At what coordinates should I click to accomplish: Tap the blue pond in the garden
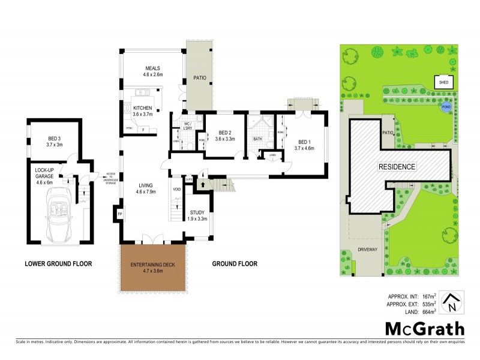point(445,107)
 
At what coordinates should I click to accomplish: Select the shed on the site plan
point(444,82)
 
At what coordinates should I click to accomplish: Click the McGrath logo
point(424,328)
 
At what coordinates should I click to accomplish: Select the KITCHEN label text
point(143,108)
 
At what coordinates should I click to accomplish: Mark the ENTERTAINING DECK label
point(151,265)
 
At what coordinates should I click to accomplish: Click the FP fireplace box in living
point(119,214)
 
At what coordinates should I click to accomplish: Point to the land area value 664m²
point(427,311)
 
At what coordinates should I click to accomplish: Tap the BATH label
point(257,140)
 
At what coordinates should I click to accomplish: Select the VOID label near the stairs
point(176,190)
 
